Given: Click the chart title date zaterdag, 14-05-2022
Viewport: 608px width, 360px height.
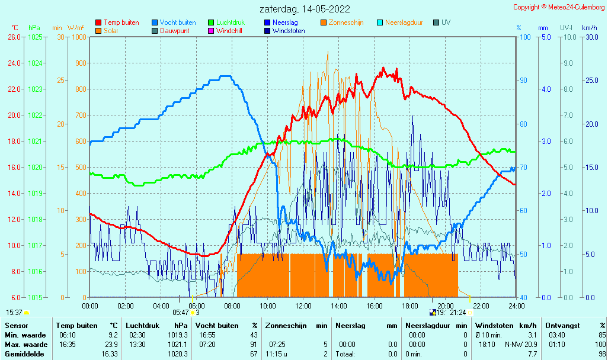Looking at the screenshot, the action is (305, 9).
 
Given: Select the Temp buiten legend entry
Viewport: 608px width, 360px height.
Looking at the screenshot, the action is (117, 22).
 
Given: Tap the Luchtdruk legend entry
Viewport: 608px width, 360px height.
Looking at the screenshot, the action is (226, 22).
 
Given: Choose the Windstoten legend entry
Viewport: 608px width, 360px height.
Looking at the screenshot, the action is (284, 31).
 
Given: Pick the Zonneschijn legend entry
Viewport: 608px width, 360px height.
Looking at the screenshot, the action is (342, 22).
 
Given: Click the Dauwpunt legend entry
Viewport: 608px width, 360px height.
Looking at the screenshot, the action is (171, 31).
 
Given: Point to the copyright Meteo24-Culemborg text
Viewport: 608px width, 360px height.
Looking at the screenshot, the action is (559, 7).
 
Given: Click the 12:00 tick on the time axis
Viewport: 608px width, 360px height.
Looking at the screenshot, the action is (303, 306).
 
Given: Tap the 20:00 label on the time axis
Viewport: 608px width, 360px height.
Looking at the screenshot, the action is (446, 306).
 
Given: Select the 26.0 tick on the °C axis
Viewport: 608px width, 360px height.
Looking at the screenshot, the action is (14, 37).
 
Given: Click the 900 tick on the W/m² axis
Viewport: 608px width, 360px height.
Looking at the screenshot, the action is (81, 63).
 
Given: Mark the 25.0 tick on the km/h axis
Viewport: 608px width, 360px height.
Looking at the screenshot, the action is (592, 81).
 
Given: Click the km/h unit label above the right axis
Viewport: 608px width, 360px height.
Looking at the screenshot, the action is (590, 28).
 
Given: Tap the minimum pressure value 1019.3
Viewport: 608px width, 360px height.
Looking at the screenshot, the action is (178, 335).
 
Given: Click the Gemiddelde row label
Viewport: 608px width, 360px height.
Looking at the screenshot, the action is (24, 354).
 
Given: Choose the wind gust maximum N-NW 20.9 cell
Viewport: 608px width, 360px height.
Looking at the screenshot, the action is (521, 345).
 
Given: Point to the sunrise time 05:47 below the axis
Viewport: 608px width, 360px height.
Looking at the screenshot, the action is (181, 313).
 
